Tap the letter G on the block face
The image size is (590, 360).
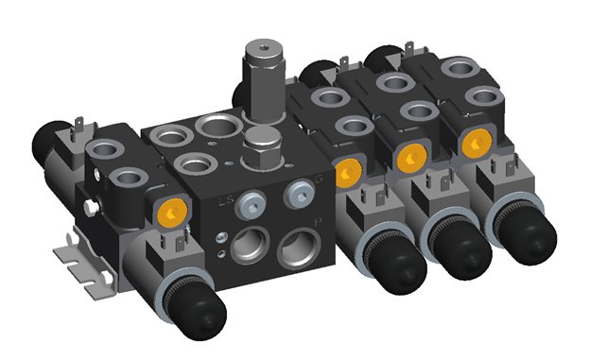point(319,180)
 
